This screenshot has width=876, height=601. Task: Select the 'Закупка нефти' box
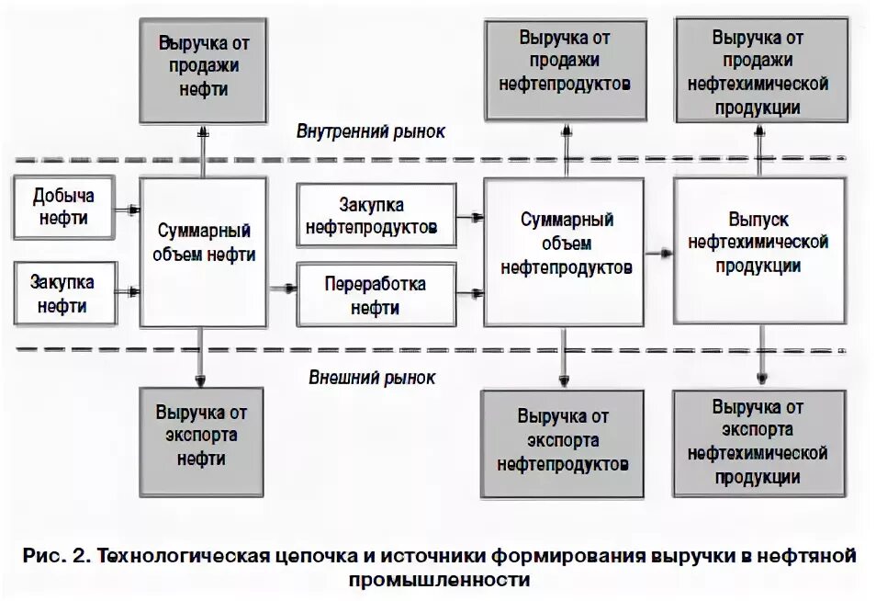65,293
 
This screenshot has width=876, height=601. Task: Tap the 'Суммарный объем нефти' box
203,251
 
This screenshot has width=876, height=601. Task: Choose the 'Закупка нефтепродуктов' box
376,215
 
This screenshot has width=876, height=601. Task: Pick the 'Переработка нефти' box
376,295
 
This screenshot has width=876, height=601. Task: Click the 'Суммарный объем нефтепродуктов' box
564,251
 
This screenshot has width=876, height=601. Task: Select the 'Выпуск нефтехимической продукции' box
758,251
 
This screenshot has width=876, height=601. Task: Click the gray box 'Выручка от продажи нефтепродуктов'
564,61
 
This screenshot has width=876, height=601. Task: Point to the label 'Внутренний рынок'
370,130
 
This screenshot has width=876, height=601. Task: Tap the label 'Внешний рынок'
372,378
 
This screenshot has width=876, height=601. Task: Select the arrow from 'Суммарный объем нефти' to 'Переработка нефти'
282,288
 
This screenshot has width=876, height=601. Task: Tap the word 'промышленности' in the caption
440,580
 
